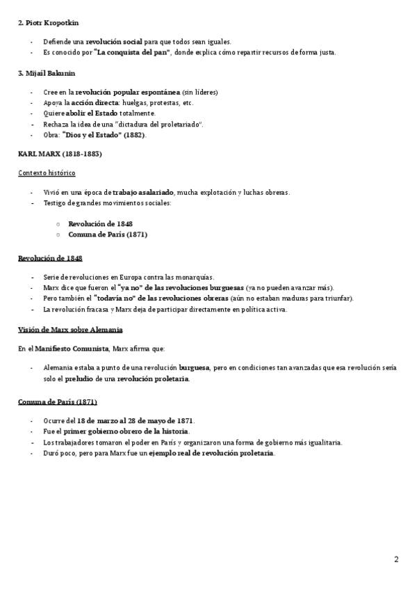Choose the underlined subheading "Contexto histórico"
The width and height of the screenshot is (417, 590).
[47, 173]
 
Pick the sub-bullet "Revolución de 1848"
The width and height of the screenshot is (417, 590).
[100, 223]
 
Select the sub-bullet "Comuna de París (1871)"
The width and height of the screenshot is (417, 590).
[107, 234]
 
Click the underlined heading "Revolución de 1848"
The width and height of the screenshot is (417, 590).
[50, 258]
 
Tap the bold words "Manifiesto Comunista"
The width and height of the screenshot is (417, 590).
[73, 348]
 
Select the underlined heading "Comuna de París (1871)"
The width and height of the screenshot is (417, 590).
[57, 401]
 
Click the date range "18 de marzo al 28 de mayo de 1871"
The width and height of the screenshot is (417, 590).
[136, 421]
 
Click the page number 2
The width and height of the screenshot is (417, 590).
[396, 559]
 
